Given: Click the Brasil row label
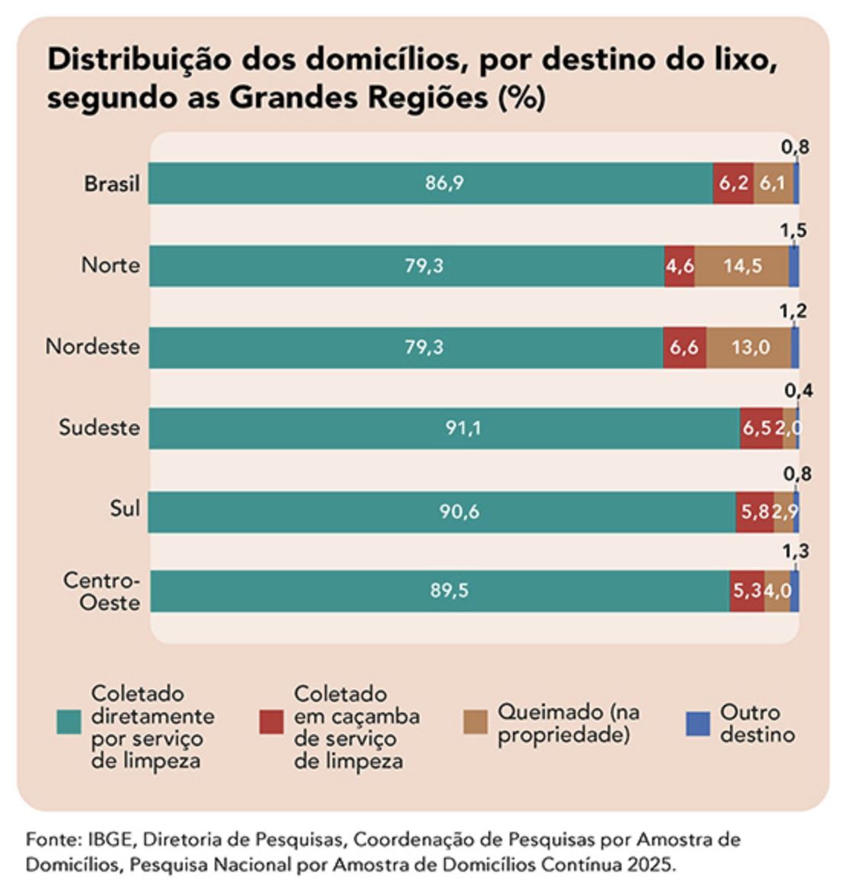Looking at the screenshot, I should [x=112, y=184].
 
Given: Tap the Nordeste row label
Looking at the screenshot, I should [x=92, y=346].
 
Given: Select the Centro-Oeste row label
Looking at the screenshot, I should [x=102, y=591].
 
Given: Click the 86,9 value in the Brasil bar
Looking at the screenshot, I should [x=444, y=184].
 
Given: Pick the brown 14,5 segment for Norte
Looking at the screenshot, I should [x=742, y=266].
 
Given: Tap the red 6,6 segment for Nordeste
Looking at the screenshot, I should [x=684, y=348].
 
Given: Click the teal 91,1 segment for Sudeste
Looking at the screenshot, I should [x=463, y=428].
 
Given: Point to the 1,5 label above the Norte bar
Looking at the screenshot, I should [x=793, y=230].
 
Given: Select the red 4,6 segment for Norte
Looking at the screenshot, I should [x=680, y=266].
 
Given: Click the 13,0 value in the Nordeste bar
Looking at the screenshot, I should [x=750, y=348].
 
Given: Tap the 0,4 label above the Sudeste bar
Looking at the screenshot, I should [x=798, y=391].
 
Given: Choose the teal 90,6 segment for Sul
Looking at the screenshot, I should [x=459, y=512].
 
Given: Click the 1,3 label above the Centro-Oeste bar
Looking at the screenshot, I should [x=795, y=551].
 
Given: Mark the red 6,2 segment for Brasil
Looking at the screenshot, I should [x=733, y=184].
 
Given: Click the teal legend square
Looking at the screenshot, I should [x=69, y=723].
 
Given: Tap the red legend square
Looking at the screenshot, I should [x=271, y=723].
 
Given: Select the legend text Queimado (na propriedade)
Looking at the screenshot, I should [x=569, y=723].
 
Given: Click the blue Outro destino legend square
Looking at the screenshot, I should [x=697, y=723].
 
